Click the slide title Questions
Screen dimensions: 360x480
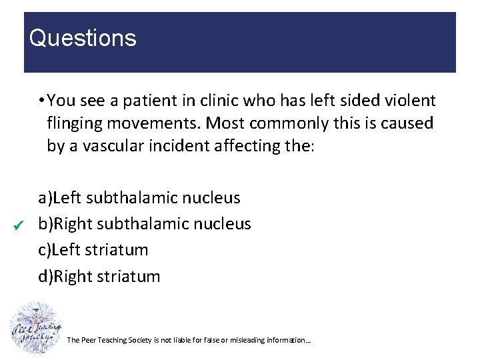pos(83,38)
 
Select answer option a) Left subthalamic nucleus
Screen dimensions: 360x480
pos(139,198)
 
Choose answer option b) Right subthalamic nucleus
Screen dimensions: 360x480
pos(145,224)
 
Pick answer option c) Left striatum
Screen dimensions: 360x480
pos(93,250)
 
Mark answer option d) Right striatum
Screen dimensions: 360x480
pos(99,276)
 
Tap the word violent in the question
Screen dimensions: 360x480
pos(410,101)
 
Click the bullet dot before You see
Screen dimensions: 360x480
pos(41,101)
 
